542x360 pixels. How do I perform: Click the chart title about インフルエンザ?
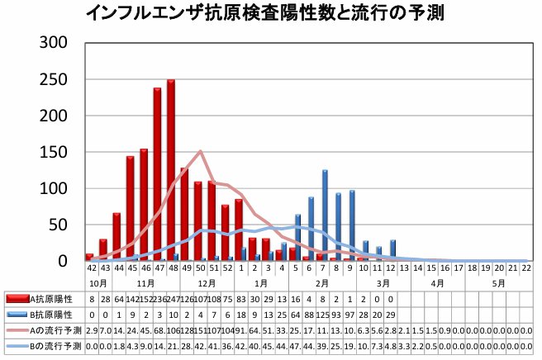point(269,14)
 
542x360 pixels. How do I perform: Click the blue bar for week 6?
point(311,229)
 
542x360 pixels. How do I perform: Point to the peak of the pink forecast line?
point(200,151)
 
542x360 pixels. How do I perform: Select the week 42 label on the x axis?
point(90,268)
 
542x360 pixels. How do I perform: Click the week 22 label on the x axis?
point(525,268)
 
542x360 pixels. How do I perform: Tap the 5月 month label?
point(498,282)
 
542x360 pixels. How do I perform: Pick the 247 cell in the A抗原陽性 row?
point(171,298)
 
